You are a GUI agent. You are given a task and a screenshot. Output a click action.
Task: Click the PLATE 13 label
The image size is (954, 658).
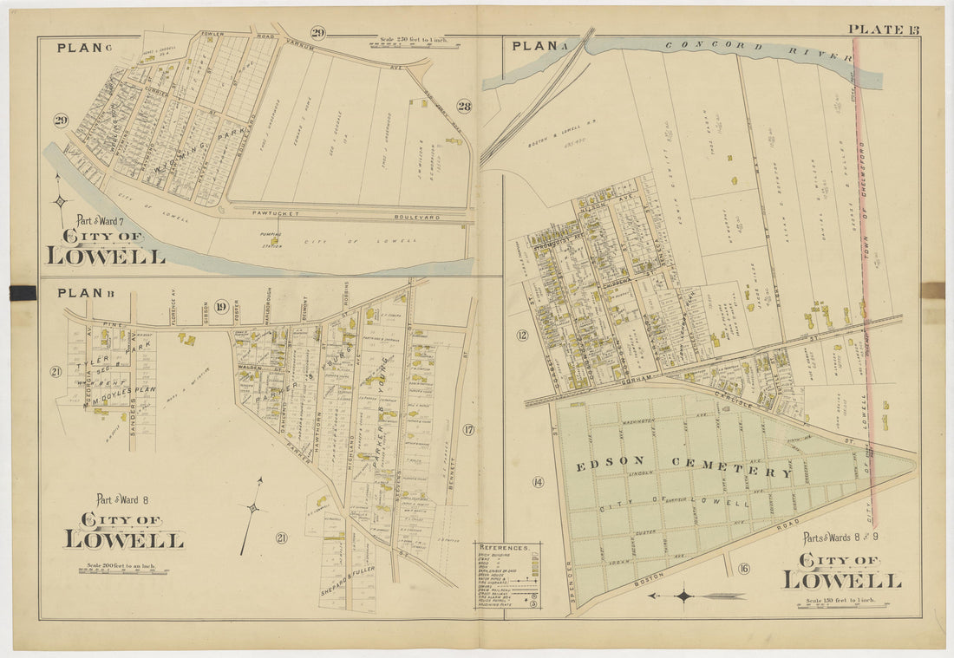coord(884,29)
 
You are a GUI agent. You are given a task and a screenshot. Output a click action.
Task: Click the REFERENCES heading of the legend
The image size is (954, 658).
coord(506,548)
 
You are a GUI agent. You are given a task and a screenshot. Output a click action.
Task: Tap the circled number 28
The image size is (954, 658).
coord(464,106)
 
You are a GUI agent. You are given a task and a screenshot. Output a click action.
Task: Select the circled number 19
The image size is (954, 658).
coord(221,305)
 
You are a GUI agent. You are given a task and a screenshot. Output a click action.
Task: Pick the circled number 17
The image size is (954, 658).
coord(468,429)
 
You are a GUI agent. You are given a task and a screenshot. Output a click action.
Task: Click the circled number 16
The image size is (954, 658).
coord(743,569)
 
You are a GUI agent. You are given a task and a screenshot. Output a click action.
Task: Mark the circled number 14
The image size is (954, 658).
coord(538,482)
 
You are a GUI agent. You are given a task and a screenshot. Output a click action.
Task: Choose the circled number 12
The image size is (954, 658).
coord(522,336)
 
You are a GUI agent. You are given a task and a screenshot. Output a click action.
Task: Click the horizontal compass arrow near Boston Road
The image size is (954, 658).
coord(695,596)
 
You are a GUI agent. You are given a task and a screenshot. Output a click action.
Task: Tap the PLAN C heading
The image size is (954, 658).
coord(78,48)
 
